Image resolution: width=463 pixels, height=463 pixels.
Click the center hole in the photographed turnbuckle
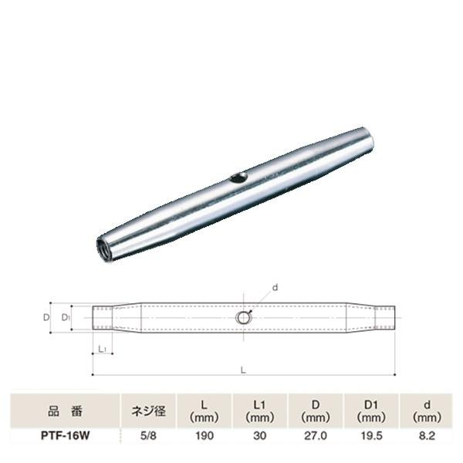[x=238, y=178]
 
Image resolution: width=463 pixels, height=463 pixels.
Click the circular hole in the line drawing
[x=244, y=317]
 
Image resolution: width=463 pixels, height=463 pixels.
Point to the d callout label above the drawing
[x=274, y=288]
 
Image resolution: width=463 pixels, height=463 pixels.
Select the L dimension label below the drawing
[x=243, y=370]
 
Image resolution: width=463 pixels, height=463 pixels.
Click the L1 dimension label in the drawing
[x=103, y=350]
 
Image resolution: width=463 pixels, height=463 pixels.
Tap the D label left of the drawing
[x=46, y=317]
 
